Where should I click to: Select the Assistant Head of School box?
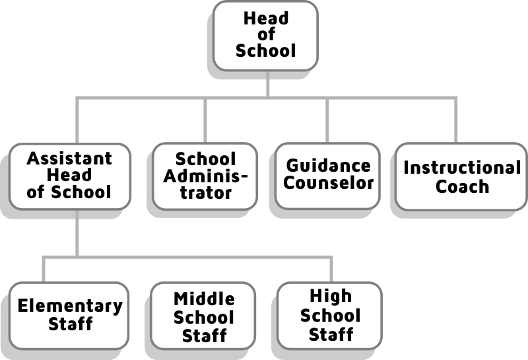tap(69, 176)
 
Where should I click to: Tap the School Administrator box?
tap(205, 176)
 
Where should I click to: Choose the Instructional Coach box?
tap(462, 176)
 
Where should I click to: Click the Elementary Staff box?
tap(69, 315)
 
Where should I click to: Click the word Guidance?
tap(328, 165)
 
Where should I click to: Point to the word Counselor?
tap(328, 182)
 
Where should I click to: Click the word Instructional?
tap(462, 168)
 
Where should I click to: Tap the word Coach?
tap(462, 186)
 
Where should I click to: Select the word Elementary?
tap(69, 306)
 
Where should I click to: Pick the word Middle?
tap(204, 300)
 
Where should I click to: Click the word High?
tap(331, 296)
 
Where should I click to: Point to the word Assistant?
tap(69, 159)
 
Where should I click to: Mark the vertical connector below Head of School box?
tap(267, 83)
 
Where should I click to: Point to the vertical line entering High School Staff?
tap(331, 269)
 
